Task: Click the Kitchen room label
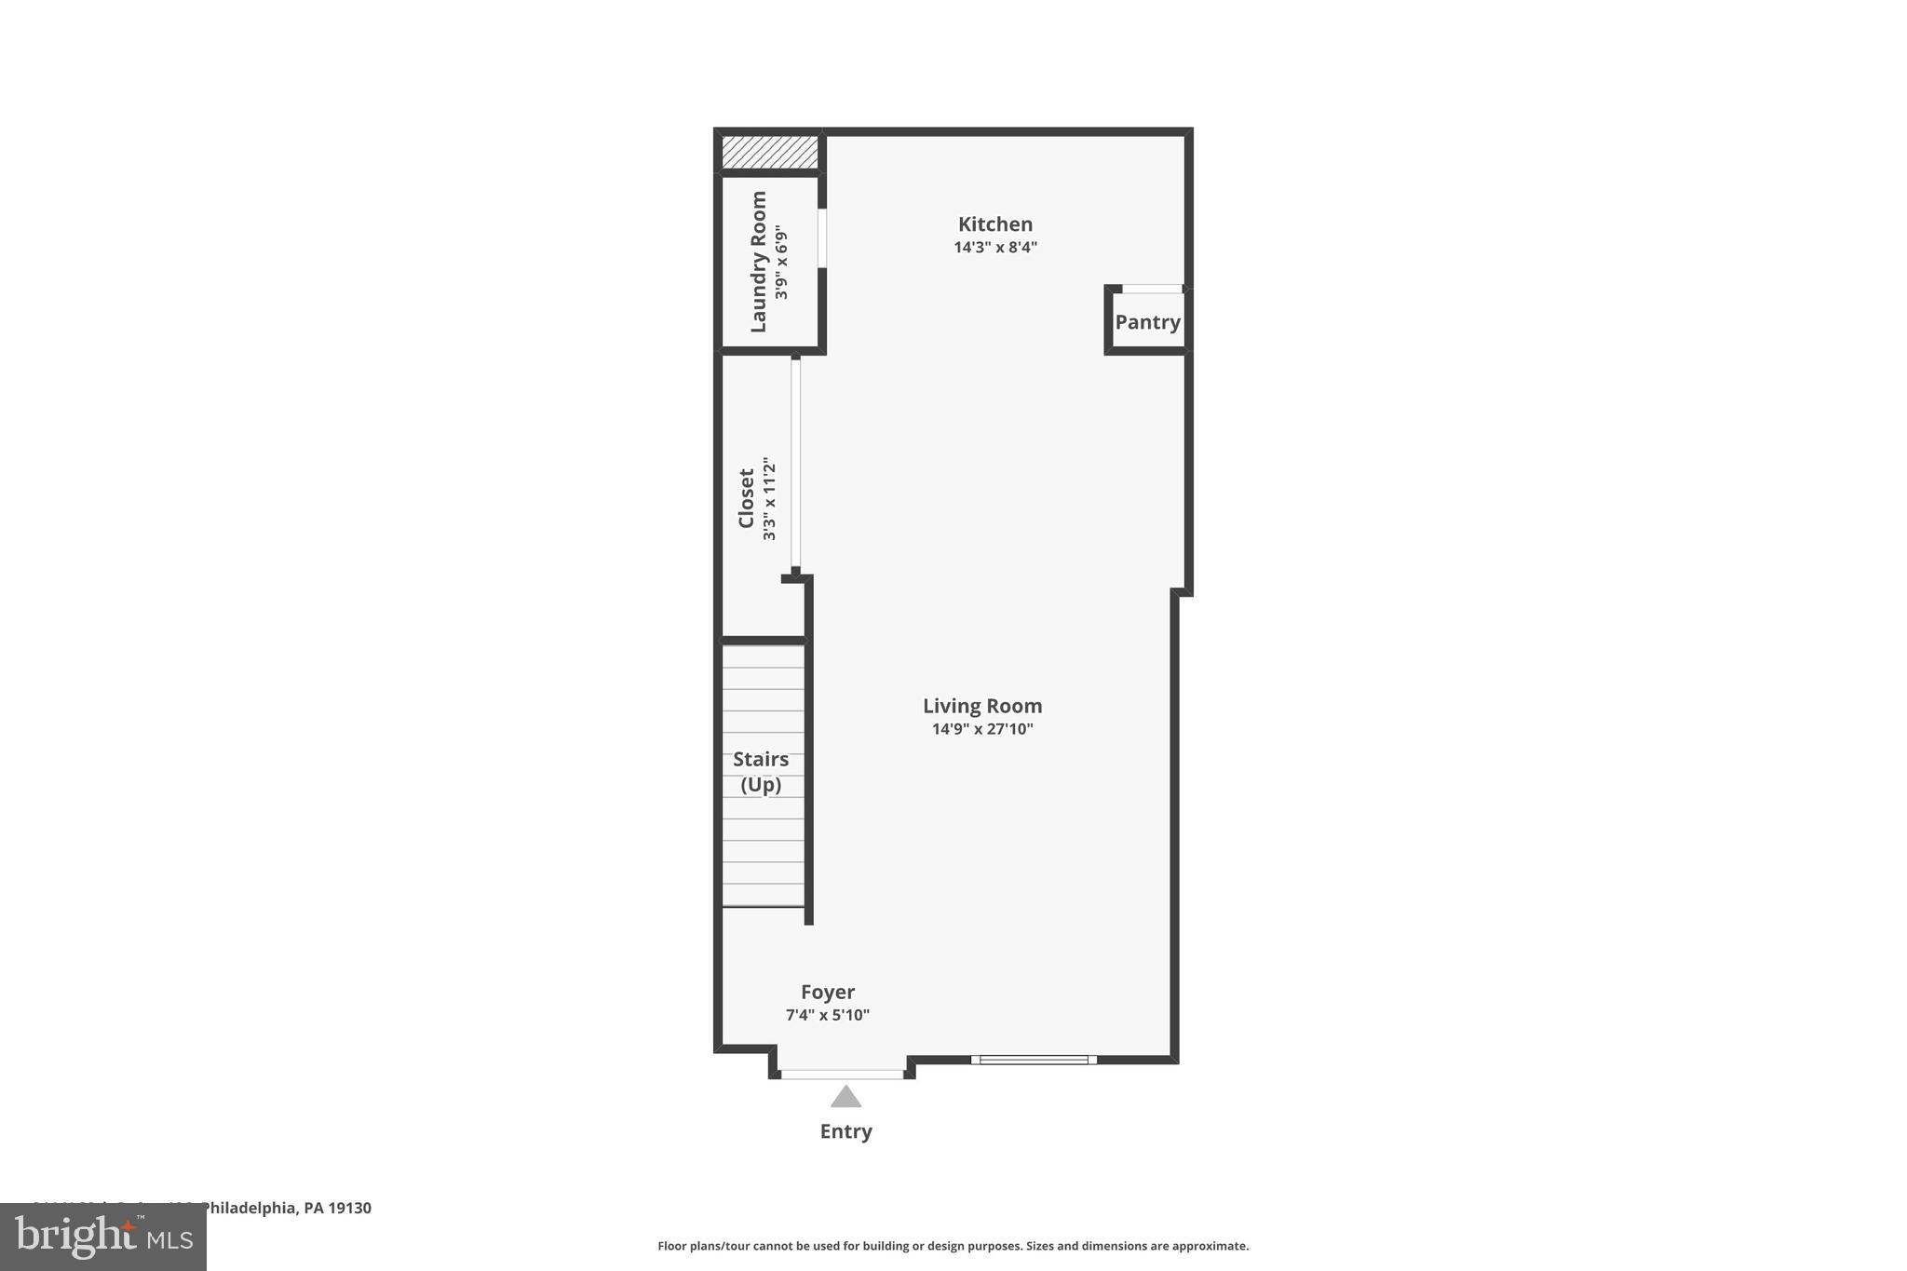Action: click(x=994, y=224)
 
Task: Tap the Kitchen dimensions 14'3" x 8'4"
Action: click(x=994, y=248)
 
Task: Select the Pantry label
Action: click(x=1147, y=322)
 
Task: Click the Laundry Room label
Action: click(x=759, y=262)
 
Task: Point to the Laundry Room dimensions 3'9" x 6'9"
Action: click(x=781, y=262)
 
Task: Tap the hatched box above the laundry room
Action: click(x=769, y=153)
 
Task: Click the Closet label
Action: click(x=746, y=498)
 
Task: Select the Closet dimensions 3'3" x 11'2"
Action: click(x=769, y=498)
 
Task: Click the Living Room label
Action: click(x=981, y=706)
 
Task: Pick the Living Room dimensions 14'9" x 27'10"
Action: click(x=981, y=729)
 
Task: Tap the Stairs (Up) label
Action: click(x=761, y=772)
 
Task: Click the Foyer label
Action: click(x=827, y=992)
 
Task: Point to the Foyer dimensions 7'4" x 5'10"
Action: click(x=827, y=1015)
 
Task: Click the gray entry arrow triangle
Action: click(x=845, y=1098)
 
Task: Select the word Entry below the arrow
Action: click(x=845, y=1131)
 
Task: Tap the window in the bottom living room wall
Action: click(x=1034, y=1060)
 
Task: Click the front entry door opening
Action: click(x=842, y=1075)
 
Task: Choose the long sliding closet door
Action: click(x=795, y=464)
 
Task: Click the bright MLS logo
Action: click(x=103, y=1237)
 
